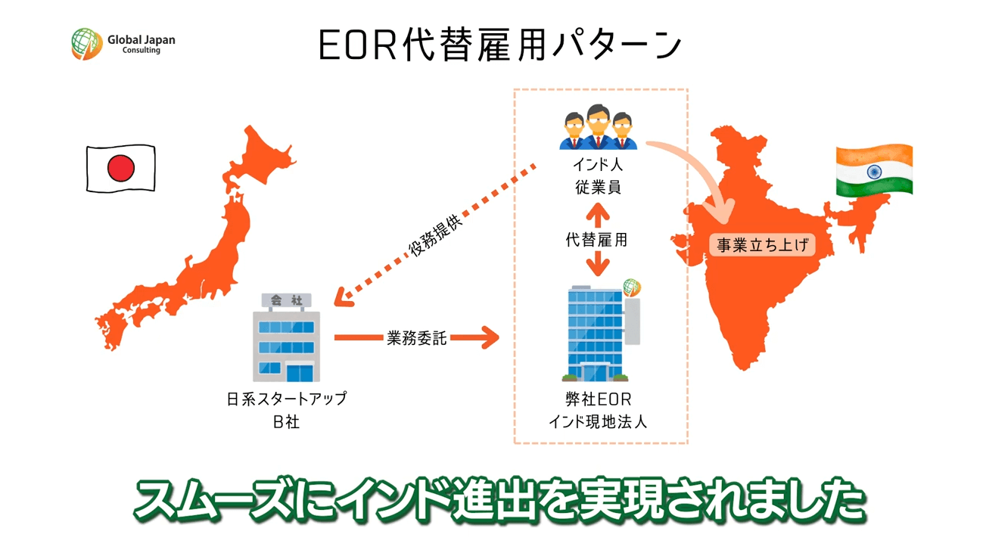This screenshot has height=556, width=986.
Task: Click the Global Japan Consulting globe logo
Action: point(87,44)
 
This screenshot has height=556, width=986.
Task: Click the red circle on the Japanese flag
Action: point(121,168)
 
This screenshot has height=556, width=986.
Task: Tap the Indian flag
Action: point(874,169)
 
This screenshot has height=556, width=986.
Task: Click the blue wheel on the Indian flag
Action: point(874,171)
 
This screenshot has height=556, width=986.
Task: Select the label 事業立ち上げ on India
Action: point(762,244)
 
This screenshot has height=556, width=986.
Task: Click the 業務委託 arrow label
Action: point(416,338)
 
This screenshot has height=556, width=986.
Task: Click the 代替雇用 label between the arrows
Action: point(596,240)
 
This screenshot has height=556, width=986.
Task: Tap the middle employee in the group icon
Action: point(599,126)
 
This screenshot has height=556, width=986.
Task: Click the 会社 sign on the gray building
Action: point(287,300)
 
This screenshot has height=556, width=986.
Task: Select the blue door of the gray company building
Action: point(300,373)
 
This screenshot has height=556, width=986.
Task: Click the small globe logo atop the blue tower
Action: point(632,287)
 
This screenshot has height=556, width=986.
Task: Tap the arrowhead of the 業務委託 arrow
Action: point(490,337)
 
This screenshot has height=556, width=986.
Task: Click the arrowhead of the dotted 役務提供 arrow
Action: point(343,298)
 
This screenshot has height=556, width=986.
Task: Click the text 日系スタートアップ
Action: point(287,399)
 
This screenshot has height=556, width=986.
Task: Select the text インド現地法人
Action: point(598,422)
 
